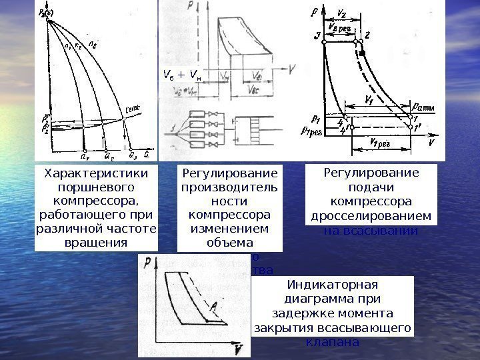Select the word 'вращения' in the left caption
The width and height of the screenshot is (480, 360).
95,241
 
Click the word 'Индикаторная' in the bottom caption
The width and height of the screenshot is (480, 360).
331,285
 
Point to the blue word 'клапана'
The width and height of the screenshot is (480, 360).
331,342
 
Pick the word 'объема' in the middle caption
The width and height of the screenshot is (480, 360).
229,242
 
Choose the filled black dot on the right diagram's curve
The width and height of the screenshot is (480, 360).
363,52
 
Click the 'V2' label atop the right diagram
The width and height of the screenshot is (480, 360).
341,12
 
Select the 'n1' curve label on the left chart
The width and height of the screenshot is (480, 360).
67,47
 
